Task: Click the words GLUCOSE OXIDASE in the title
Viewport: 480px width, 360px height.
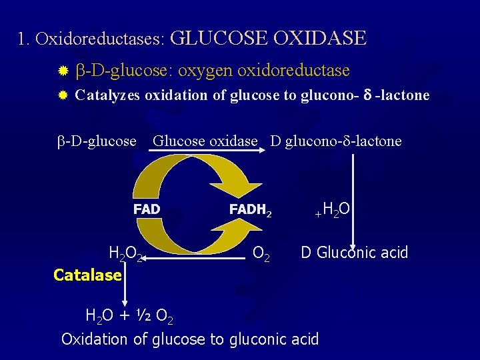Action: click(268, 37)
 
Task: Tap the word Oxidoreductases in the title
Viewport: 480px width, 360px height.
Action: click(101, 39)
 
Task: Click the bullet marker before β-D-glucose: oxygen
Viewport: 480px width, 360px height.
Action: click(63, 70)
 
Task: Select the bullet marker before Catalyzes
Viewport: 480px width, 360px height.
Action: click(63, 95)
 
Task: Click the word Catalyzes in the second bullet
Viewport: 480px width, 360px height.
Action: click(108, 95)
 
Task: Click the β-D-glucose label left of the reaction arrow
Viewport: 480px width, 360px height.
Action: click(97, 141)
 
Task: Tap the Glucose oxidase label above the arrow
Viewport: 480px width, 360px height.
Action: click(205, 141)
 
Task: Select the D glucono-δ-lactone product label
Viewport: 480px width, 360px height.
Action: click(336, 141)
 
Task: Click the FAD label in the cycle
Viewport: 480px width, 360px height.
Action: click(147, 209)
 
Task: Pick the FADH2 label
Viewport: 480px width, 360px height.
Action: click(251, 210)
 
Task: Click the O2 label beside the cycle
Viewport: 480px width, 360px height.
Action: click(262, 254)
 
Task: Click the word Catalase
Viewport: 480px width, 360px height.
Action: click(87, 275)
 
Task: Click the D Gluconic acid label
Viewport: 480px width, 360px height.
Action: click(354, 253)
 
